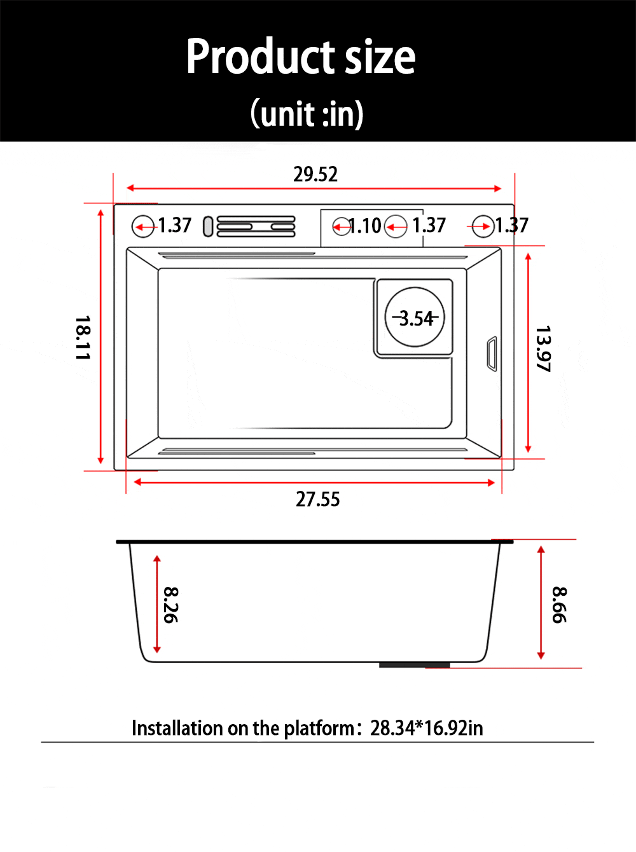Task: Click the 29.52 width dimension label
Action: click(x=315, y=174)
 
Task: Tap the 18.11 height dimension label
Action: click(x=83, y=338)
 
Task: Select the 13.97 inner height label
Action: click(x=543, y=348)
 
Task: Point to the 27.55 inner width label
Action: click(x=318, y=499)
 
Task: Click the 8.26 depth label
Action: click(x=170, y=605)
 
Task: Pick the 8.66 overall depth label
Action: click(x=558, y=605)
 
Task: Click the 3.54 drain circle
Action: click(x=415, y=317)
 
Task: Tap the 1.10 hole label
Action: click(x=365, y=226)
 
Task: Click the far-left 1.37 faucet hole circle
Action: click(x=143, y=226)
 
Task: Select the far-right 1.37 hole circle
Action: click(x=483, y=226)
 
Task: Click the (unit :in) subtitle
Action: click(x=307, y=114)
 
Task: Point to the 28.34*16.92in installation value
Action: click(x=427, y=728)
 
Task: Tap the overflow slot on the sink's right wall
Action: click(x=492, y=354)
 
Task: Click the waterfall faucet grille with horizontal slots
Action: click(x=256, y=226)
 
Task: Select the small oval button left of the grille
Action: click(x=208, y=226)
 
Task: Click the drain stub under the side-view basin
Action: click(x=414, y=665)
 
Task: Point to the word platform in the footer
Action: click(x=319, y=728)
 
